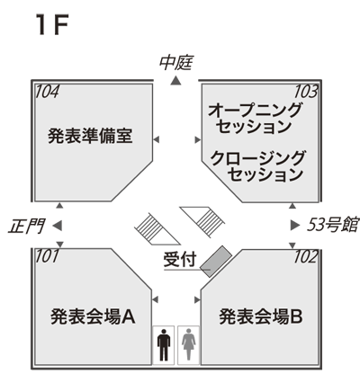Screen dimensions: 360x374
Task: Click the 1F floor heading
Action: tap(51, 25)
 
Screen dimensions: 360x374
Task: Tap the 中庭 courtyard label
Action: tap(175, 63)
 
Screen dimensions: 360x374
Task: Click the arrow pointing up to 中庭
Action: tap(175, 80)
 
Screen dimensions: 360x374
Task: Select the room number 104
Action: tap(47, 92)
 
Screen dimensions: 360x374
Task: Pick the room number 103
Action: tap(305, 92)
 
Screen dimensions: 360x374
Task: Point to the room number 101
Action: tap(47, 256)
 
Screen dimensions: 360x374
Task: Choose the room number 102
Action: tap(305, 256)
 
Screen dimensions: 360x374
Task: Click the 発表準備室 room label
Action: tap(90, 136)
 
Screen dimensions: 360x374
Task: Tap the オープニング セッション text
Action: tap(255, 119)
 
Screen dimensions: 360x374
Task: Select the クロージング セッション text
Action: tap(257, 166)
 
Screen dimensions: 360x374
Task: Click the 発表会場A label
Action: tap(93, 316)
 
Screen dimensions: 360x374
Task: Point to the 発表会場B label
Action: tap(261, 316)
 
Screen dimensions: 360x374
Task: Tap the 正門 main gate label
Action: tap(27, 226)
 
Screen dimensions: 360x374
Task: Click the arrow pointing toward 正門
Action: tap(58, 226)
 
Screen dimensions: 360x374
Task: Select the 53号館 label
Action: tap(332, 224)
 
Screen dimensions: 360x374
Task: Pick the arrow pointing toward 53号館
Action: tap(295, 225)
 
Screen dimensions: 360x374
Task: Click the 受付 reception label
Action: tap(180, 259)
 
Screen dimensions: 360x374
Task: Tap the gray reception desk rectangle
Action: tap(216, 261)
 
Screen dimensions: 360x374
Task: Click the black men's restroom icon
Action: tap(164, 344)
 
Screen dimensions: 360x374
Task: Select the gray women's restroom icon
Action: tap(189, 344)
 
